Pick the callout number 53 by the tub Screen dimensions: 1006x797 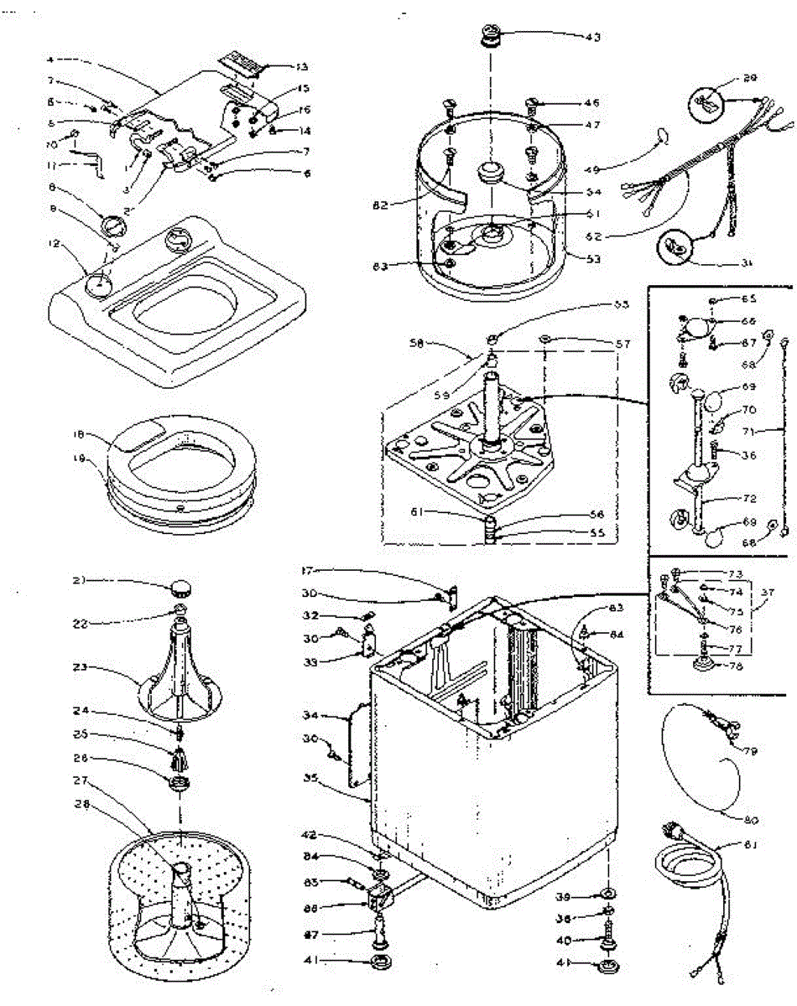pos(594,259)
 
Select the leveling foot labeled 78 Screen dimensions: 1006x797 pos(697,665)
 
